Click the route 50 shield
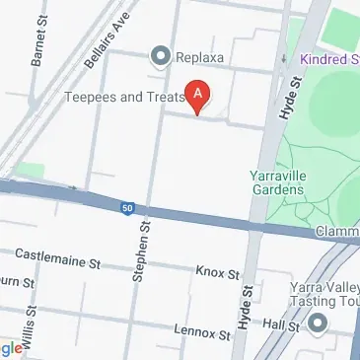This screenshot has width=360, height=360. pos(127,207)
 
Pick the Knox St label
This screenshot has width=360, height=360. pos(218,271)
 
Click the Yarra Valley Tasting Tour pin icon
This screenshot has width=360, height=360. pos(318,323)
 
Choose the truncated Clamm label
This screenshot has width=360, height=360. pos(337,232)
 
